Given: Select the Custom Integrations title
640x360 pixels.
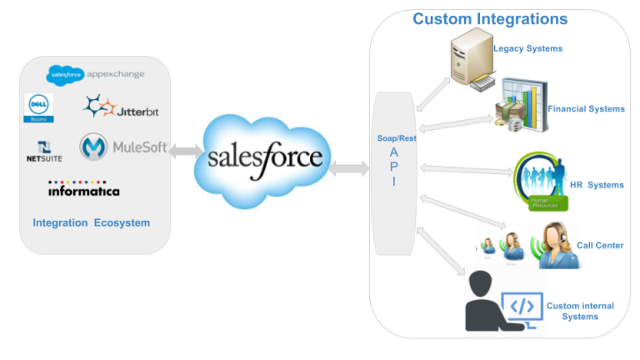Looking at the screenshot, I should [x=490, y=19].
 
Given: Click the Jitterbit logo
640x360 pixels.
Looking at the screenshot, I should [x=118, y=107].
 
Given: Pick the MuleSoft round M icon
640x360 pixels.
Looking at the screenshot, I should [x=94, y=147].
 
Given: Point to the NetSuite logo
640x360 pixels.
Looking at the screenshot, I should [x=44, y=152].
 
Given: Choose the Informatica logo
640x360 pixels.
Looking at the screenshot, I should [x=83, y=189].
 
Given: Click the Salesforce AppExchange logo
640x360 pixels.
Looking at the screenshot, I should [x=95, y=74].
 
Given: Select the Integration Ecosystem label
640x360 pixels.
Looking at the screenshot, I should [x=92, y=222].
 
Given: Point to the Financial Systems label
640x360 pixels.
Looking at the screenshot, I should [x=586, y=109].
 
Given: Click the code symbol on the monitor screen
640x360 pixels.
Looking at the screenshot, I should [x=522, y=306].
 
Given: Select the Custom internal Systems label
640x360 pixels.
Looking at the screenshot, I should [x=580, y=311].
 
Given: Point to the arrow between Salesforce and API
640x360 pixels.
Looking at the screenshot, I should [x=350, y=167].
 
